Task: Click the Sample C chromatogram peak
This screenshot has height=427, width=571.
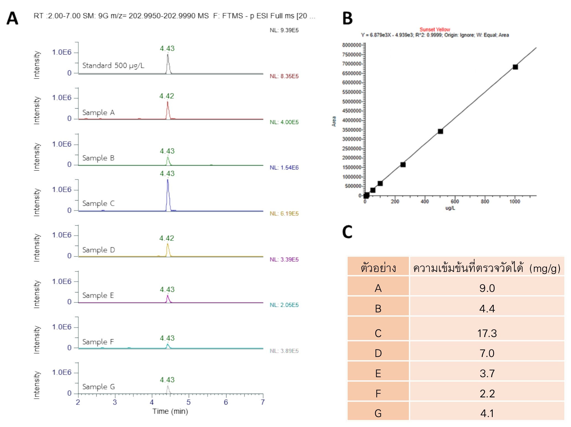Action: point(168,194)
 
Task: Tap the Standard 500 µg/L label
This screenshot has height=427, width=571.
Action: point(113,66)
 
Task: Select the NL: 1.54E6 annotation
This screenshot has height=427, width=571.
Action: point(284,168)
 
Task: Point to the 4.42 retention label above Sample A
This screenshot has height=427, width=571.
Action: point(167,96)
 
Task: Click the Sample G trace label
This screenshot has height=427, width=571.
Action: point(99,387)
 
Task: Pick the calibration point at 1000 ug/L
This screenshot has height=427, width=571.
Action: point(515,67)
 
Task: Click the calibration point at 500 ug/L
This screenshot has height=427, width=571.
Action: point(440,131)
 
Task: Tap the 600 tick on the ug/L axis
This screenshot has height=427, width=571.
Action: point(455,201)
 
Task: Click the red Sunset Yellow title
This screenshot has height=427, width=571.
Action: point(435,29)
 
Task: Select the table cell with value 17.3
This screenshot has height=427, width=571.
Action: point(487,333)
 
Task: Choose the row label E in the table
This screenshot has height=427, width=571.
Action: point(378,373)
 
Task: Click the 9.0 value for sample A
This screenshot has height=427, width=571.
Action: point(487,288)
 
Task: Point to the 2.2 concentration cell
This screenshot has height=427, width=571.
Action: point(487,393)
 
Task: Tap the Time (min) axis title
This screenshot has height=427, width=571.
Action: point(170,411)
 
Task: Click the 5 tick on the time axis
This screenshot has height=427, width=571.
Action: point(188,402)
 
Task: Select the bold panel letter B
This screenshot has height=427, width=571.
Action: point(347,19)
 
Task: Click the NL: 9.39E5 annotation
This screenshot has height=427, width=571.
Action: point(284,30)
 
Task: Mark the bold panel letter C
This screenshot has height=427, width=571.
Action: point(347,232)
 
